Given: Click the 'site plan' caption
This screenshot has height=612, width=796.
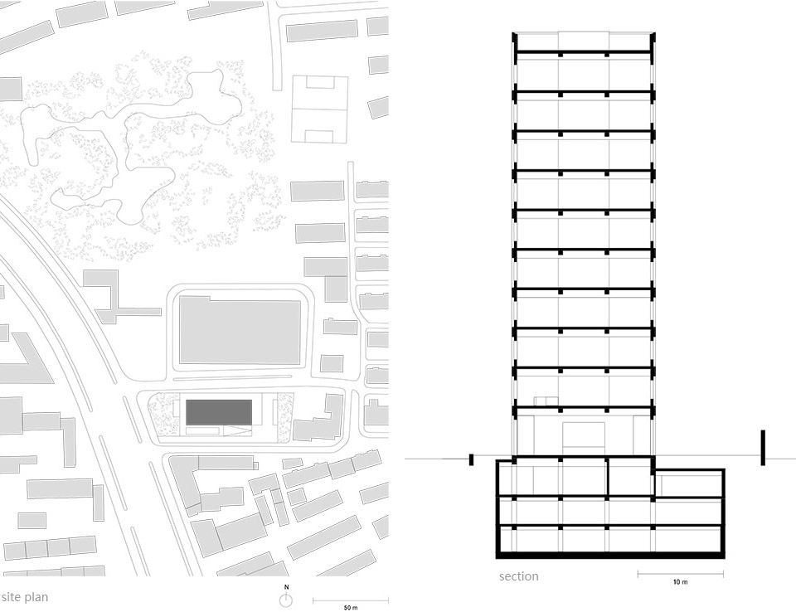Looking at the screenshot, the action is pyautogui.click(x=25, y=596).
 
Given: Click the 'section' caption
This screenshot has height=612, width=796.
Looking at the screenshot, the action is pyautogui.click(x=518, y=576).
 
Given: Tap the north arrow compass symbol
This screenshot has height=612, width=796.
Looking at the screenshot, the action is pyautogui.click(x=286, y=600).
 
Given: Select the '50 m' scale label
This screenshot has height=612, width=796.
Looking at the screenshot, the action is pyautogui.click(x=351, y=607).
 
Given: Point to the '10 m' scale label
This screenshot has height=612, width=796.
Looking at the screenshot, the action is pyautogui.click(x=680, y=582).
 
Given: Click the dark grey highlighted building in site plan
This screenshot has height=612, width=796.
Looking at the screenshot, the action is pyautogui.click(x=219, y=412).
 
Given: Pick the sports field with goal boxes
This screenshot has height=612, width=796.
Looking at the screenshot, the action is pyautogui.click(x=320, y=109).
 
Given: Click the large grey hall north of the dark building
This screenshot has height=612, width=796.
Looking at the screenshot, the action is pyautogui.click(x=240, y=330).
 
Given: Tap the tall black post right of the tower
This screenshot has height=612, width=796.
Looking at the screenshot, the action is pyautogui.click(x=763, y=448).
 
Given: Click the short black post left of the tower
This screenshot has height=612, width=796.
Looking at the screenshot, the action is pyautogui.click(x=471, y=459).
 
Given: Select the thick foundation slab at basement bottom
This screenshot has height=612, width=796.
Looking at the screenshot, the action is pyautogui.click(x=610, y=555).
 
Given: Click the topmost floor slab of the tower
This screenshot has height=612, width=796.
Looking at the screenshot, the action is pyautogui.click(x=584, y=51).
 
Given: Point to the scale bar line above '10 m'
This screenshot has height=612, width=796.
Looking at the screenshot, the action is pyautogui.click(x=681, y=575).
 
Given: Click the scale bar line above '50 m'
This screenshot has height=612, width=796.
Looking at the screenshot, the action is pyautogui.click(x=351, y=601).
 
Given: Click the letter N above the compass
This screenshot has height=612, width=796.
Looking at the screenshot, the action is pyautogui.click(x=286, y=587).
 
